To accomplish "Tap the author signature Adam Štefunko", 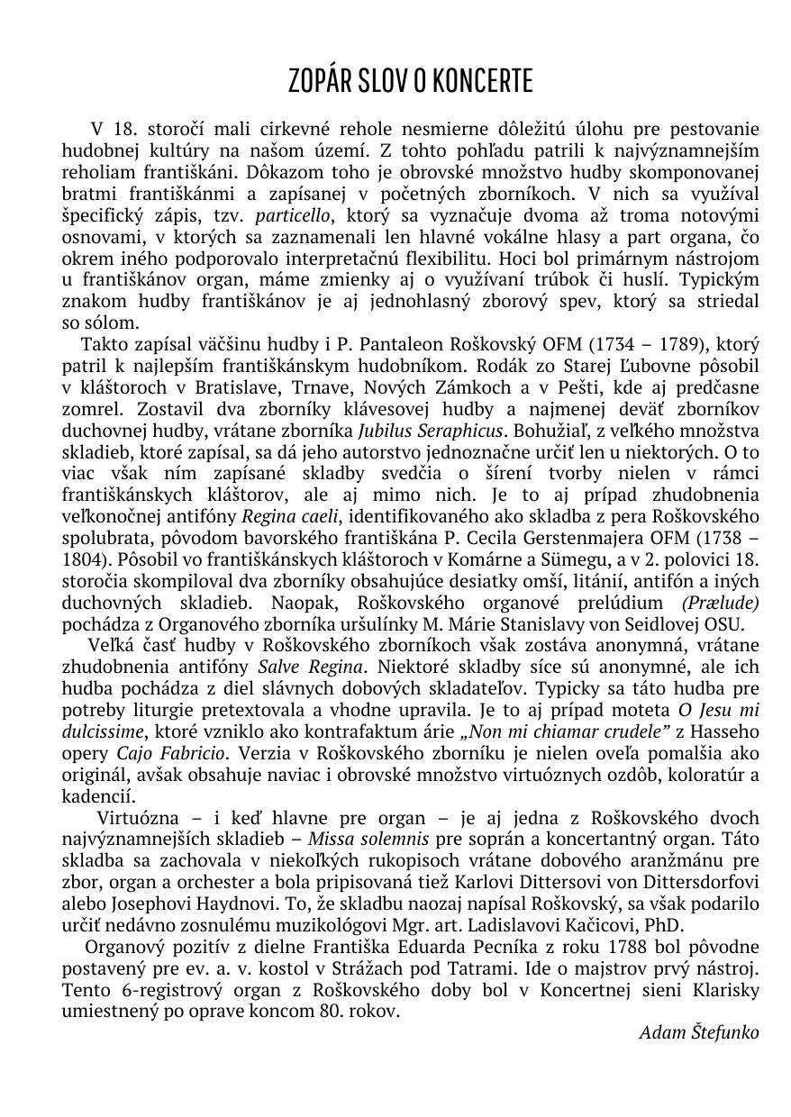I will [698, 1031].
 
